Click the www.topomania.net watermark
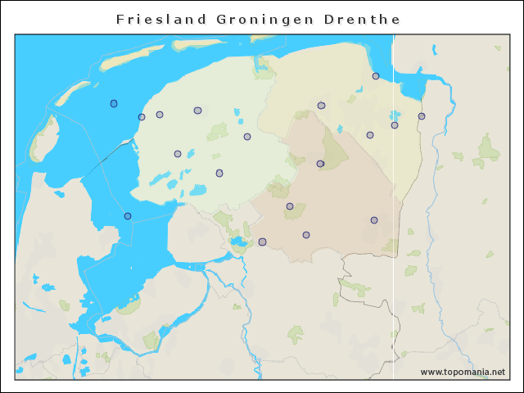point(463,372)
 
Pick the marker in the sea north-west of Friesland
point(114,103)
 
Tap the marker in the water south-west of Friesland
point(128,216)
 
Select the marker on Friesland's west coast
point(142,117)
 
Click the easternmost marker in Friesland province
point(247,137)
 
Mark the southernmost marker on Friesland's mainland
point(219,173)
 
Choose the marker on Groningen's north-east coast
point(376,76)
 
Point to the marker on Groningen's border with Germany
point(422,116)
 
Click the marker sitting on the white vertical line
point(395,125)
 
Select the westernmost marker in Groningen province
point(321,106)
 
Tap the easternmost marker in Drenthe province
point(374,220)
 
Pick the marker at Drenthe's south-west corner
point(262,242)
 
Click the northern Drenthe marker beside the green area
point(320,164)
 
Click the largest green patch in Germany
point(488,150)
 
